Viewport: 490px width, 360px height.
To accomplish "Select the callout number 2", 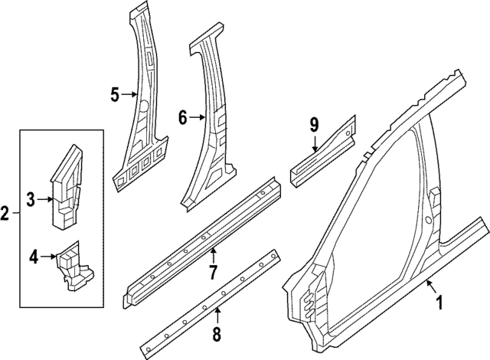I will click(x=5, y=213).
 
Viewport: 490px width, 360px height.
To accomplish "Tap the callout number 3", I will click(x=31, y=200).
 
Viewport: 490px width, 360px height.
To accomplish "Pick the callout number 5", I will click(x=114, y=94).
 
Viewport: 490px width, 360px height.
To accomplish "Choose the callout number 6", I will click(x=182, y=118).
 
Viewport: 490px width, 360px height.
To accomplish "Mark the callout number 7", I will click(x=214, y=271).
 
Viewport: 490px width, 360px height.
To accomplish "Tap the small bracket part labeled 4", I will click(x=74, y=267).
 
